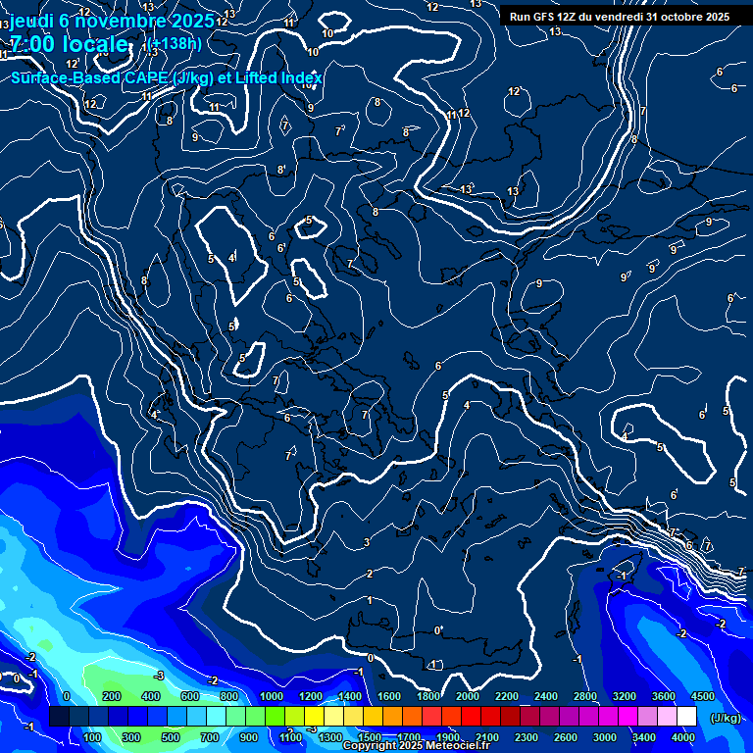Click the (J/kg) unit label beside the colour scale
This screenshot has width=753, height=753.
point(725,718)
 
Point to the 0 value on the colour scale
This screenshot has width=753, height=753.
point(67,696)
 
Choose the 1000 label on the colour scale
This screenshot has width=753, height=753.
point(272,696)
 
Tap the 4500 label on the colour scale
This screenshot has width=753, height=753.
point(702,696)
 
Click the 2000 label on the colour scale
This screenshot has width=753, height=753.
point(468,696)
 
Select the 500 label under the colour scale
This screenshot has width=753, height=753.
point(171,737)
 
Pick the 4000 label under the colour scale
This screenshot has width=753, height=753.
point(684,737)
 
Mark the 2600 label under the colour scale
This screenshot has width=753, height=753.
point(566,737)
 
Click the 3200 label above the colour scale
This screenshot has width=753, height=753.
point(625,696)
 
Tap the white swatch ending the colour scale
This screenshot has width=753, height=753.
point(686,718)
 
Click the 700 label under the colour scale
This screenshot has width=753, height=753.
point(210,737)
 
